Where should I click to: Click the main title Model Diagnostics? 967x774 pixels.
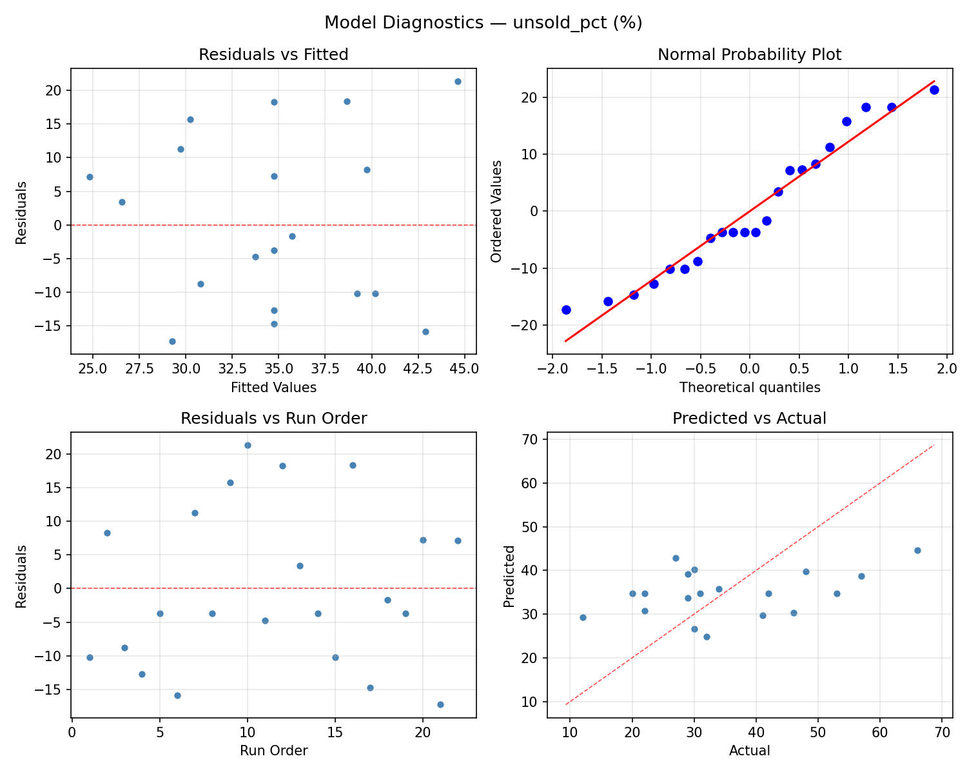[483, 23]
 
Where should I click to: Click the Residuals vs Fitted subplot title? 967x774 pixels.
[273, 55]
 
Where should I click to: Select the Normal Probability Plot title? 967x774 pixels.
[749, 55]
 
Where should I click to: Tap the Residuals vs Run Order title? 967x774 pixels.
[273, 419]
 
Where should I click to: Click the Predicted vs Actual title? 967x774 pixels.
[749, 419]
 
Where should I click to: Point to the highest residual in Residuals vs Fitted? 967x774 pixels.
[458, 81]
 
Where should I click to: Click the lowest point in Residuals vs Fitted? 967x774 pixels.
[172, 341]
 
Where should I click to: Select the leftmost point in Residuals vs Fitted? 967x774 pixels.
[90, 177]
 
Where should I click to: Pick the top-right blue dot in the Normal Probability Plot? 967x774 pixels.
[934, 90]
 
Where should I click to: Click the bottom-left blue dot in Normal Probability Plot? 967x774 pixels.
[566, 310]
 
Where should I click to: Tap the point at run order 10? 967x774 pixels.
[248, 445]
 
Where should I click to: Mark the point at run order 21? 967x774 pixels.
[440, 704]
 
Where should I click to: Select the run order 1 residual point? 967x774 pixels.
[90, 657]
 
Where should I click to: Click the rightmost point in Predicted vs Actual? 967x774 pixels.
[917, 550]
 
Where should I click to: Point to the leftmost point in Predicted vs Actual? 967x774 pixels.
[583, 617]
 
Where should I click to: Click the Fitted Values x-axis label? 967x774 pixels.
[273, 388]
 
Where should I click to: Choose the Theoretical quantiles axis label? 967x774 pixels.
[749, 388]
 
